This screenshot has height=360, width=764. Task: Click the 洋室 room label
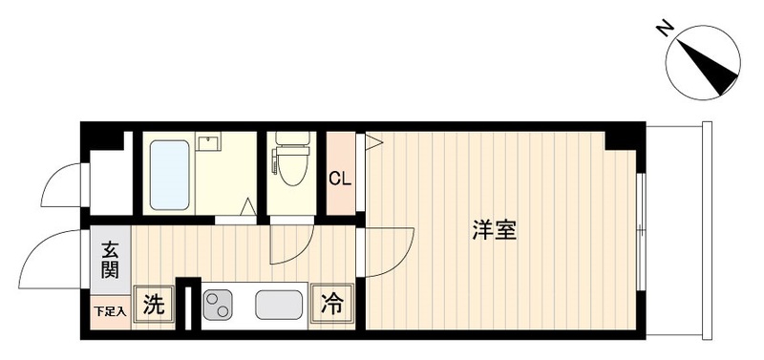point(494,230)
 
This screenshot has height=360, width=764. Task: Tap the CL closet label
point(338,178)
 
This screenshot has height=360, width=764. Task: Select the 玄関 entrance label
point(111,261)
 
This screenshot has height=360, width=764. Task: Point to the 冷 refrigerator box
point(331,305)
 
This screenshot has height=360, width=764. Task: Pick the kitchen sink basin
point(279,306)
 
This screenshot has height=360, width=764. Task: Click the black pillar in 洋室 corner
point(622,139)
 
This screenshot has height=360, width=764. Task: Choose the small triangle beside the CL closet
point(373,143)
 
